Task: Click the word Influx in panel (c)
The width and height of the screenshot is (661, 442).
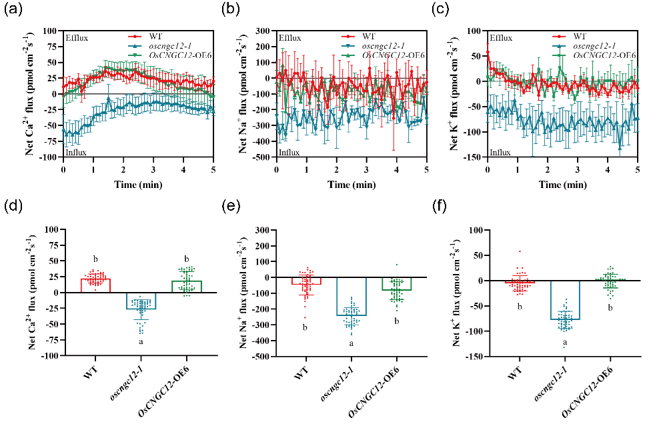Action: point(501,153)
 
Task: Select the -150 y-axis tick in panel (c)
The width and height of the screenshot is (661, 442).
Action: point(476,158)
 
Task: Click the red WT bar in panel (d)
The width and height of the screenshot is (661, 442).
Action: point(96,285)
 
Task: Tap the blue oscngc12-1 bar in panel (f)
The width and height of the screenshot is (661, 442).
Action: point(565,300)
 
